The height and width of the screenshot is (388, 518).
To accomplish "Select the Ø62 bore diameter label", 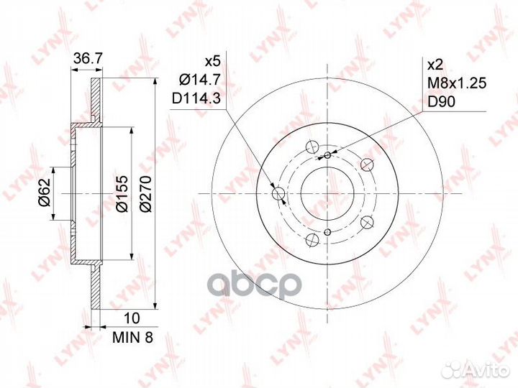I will (x=45, y=193).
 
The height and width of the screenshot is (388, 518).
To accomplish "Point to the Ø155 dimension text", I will (x=122, y=193).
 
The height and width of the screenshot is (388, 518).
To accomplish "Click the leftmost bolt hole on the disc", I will (x=279, y=193).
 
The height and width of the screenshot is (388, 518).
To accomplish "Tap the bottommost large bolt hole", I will (x=312, y=239).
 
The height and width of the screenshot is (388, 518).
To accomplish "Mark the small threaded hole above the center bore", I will (x=327, y=155).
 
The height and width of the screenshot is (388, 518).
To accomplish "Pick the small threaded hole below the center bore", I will (x=327, y=231).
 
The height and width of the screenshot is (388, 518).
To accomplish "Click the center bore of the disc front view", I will (x=327, y=193).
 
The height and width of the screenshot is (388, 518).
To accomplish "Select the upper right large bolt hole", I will (x=366, y=165).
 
